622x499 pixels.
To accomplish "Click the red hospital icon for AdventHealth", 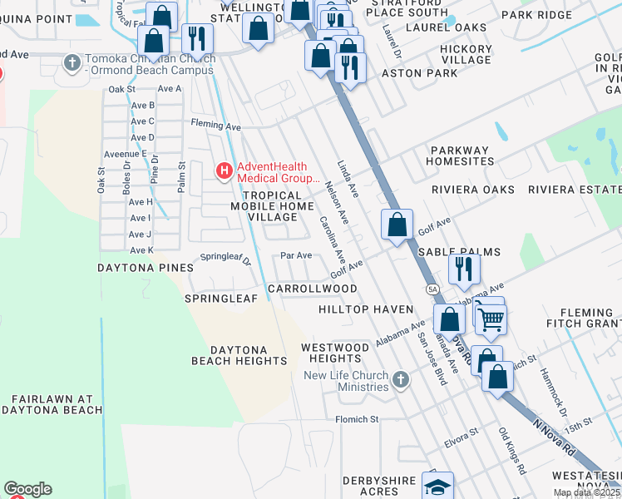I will pyautogui.click(x=224, y=171).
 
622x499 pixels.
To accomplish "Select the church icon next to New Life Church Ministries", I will pyautogui.click(x=401, y=381).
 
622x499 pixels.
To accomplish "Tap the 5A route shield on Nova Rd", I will pyautogui.click(x=432, y=289).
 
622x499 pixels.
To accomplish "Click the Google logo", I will pyautogui.click(x=27, y=489).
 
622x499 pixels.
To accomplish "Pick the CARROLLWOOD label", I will pyautogui.click(x=313, y=289).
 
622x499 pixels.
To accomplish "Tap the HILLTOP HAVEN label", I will pyautogui.click(x=366, y=309).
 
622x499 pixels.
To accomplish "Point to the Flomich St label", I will pyautogui.click(x=357, y=419).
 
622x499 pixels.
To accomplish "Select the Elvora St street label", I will pyautogui.click(x=462, y=437).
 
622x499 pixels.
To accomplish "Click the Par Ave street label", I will pyautogui.click(x=296, y=255).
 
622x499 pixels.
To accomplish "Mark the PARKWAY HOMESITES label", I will pyautogui.click(x=471, y=156).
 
